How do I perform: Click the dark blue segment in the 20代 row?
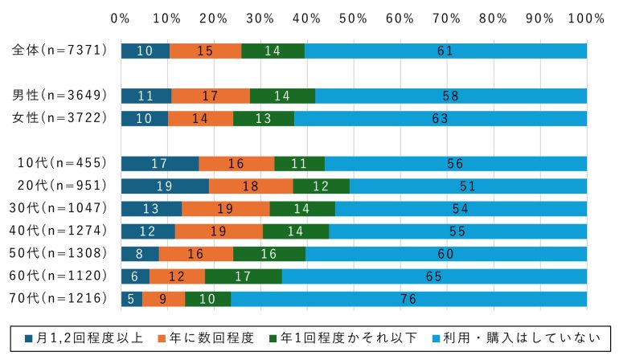click(x=165, y=186)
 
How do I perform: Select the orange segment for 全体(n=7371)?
click(x=205, y=51)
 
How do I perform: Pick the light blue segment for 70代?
click(x=408, y=299)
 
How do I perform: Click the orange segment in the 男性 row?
click(x=211, y=96)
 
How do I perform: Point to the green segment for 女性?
click(x=264, y=118)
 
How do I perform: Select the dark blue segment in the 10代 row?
click(x=159, y=164)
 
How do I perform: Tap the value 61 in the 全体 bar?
click(x=445, y=51)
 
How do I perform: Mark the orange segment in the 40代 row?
click(x=219, y=231)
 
